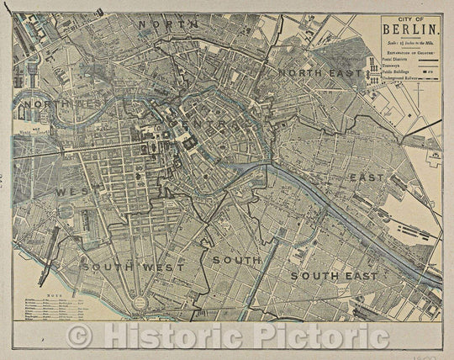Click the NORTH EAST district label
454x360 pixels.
(x=319, y=72)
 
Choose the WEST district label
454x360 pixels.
(x=74, y=192)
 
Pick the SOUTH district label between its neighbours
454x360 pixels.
(x=236, y=260)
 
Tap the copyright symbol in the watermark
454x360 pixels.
(x=80, y=336)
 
